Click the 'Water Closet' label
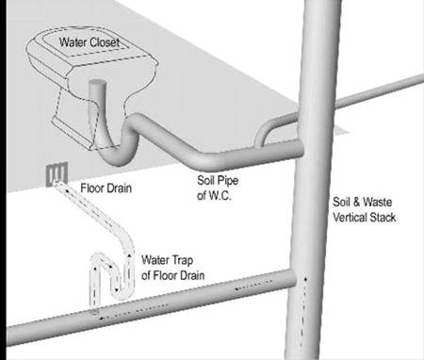tap(90, 42)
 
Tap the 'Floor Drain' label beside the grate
tap(106, 188)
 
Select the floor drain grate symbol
tap(57, 174)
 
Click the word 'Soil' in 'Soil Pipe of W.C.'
tap(206, 180)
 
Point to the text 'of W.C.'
tap(214, 195)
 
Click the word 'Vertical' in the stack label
tap(350, 217)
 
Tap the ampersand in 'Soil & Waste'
tap(356, 202)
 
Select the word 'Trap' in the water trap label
tap(182, 260)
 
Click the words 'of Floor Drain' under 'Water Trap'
tap(172, 275)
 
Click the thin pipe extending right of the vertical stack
tap(379, 91)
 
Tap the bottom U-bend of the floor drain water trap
tap(121, 291)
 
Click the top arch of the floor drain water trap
tap(101, 258)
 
